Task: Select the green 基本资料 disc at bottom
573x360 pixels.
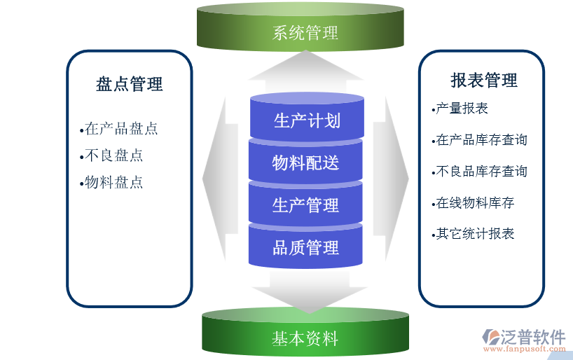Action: (305, 339)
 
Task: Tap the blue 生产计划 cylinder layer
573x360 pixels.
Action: (306, 120)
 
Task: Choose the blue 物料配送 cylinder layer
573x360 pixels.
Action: (306, 162)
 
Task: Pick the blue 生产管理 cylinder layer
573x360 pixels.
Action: (306, 205)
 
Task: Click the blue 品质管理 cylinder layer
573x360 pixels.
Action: (306, 247)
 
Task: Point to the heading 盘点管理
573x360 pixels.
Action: (129, 84)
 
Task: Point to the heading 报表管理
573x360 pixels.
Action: (483, 80)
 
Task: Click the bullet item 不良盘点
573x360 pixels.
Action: (113, 155)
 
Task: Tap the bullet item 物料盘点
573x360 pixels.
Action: (113, 182)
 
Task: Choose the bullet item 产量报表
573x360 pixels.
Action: (461, 109)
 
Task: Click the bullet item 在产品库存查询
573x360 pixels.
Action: (481, 140)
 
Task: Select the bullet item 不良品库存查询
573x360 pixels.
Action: (481, 172)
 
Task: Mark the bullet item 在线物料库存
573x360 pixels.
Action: (474, 203)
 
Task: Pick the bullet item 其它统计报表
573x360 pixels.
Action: (474, 234)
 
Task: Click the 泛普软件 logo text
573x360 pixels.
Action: (534, 336)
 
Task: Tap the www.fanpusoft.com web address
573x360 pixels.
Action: (524, 349)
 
